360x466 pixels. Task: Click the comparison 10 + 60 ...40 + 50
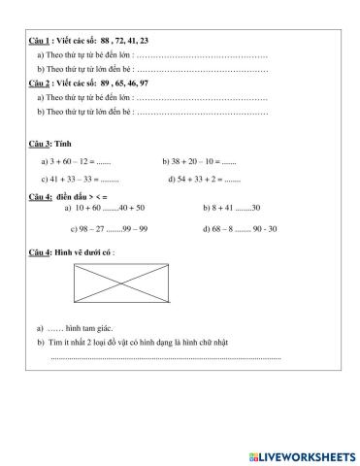pyautogui.click(x=105, y=208)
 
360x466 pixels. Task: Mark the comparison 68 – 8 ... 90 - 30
pyautogui.click(x=240, y=229)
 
